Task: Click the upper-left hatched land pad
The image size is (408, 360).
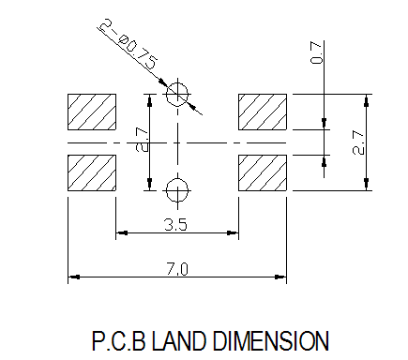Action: [92, 112]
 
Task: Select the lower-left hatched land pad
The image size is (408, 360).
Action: [92, 172]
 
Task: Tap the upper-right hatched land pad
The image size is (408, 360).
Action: [263, 112]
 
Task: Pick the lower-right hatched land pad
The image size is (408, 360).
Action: [263, 172]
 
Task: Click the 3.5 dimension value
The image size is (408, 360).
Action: [175, 225]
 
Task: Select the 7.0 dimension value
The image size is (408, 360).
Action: [177, 269]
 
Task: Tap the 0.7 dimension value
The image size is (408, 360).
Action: [316, 52]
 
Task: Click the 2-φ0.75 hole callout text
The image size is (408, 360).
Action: [129, 44]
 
